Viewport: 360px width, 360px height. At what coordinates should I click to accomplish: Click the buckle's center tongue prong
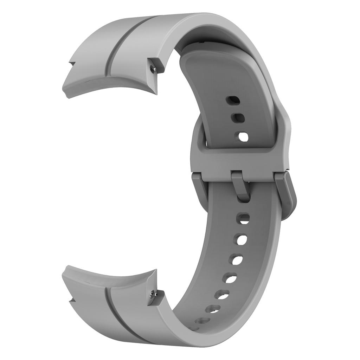click(240, 185)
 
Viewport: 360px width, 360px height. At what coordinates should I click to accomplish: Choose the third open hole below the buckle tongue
click(236, 260)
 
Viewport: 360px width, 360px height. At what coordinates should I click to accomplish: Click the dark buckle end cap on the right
click(288, 195)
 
